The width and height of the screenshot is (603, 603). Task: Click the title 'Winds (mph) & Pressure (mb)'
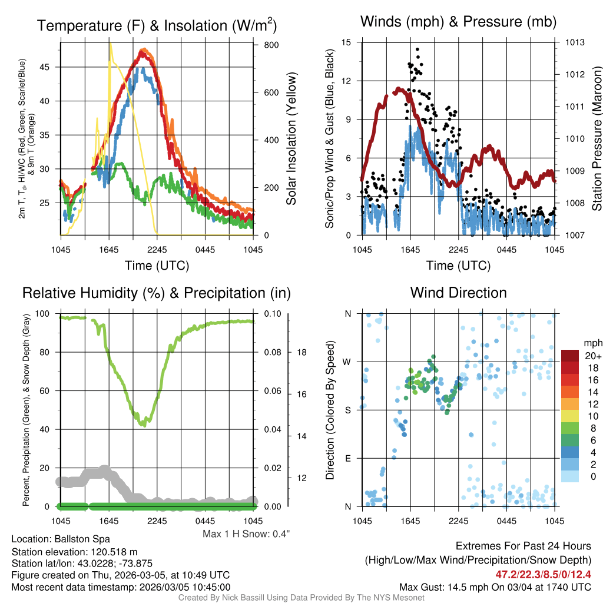pos(458,22)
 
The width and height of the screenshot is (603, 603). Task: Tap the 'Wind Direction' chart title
pos(458,293)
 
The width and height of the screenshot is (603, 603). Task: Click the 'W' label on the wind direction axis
pos(347,362)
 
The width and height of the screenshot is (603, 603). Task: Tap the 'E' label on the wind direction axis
pos(347,458)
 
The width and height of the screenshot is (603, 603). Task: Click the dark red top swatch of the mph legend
pos(570,356)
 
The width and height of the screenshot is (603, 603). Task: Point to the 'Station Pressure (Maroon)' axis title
pos(596,138)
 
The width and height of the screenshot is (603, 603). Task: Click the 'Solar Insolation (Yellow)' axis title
pos(291,138)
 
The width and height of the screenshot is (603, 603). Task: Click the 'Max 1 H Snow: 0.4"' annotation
pos(246,534)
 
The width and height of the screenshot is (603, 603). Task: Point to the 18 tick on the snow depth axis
pos(301,352)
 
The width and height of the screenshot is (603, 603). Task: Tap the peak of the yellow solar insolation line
pos(110,44)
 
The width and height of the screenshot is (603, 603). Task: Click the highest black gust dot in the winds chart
pos(418,49)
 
